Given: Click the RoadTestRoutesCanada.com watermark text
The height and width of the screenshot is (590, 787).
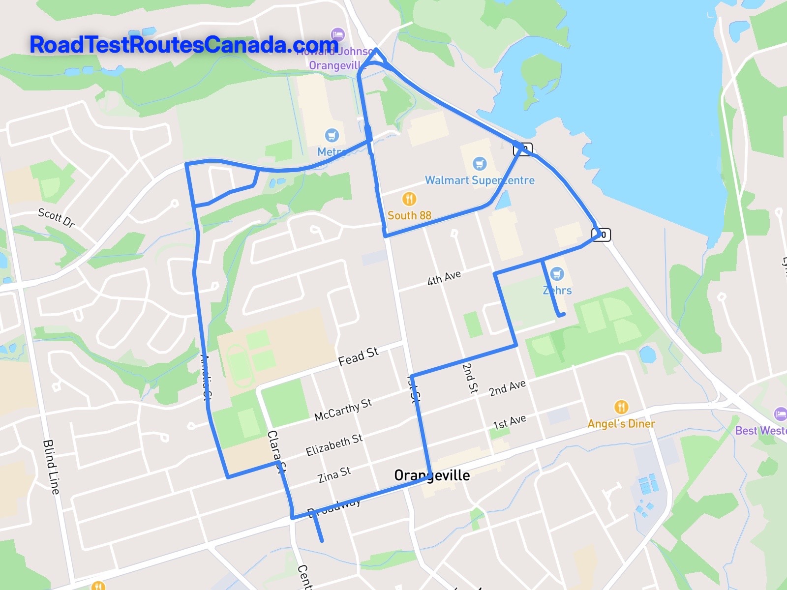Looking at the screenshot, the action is click(183, 45).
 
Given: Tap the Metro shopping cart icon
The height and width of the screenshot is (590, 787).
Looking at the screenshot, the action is click(332, 135).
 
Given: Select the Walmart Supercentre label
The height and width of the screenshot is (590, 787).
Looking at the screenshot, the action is click(480, 180).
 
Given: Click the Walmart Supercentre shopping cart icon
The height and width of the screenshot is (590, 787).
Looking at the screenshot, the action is click(480, 164).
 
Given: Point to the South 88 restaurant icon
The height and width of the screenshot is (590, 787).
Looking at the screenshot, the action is click(409, 199).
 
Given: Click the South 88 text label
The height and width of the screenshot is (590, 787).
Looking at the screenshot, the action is click(409, 215).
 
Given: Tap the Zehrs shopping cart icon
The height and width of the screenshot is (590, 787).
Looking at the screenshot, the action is click(557, 274).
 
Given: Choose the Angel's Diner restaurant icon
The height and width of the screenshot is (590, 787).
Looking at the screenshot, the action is click(621, 407).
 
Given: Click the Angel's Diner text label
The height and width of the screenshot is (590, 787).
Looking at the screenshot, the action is click(621, 423).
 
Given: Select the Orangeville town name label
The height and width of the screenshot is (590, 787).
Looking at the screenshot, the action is click(432, 475).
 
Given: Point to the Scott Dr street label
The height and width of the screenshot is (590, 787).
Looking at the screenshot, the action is click(57, 218).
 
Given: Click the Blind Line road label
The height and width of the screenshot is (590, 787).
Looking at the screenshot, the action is click(51, 467).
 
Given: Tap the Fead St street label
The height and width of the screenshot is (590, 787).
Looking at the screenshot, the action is click(358, 356).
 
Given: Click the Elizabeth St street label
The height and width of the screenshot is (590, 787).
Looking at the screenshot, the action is click(334, 445).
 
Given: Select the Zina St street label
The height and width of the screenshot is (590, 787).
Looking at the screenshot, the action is click(334, 475).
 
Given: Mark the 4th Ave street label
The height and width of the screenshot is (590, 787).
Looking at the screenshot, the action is click(444, 278).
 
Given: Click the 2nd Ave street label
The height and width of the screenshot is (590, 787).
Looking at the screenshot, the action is click(507, 388).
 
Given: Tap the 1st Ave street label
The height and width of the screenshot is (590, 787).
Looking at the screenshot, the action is click(510, 422).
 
